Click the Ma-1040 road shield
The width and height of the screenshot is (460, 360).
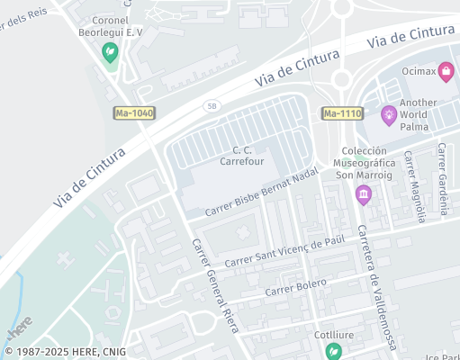[135, 112]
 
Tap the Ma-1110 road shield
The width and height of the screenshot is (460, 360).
[342, 113]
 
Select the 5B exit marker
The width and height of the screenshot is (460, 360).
[212, 106]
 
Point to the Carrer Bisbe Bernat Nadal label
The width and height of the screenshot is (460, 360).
[262, 192]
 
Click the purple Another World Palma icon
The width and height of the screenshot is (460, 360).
[389, 113]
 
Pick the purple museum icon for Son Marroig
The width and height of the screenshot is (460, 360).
[363, 194]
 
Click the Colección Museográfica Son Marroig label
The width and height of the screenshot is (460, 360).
[363, 163]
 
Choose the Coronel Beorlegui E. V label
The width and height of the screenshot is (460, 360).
[112, 26]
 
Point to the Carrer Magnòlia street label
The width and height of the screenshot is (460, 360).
[414, 186]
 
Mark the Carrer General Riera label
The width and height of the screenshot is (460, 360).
[215, 283]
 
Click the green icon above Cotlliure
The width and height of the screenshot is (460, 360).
[334, 351]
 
